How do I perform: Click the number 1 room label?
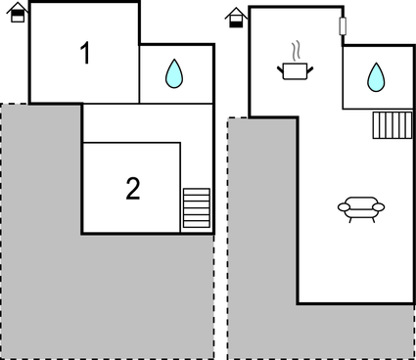coord(86,54)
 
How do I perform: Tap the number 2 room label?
coord(133,188)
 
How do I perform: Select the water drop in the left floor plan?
coord(174,73)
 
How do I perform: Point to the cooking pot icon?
coord(295,70)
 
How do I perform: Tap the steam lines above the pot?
coord(295,49)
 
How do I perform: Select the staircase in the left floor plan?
coord(197,208)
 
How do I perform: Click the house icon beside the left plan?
coord(17,13)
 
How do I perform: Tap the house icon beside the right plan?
coord(236,17)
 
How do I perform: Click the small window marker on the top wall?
coord(344,25)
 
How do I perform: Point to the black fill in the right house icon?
coord(236,22)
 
